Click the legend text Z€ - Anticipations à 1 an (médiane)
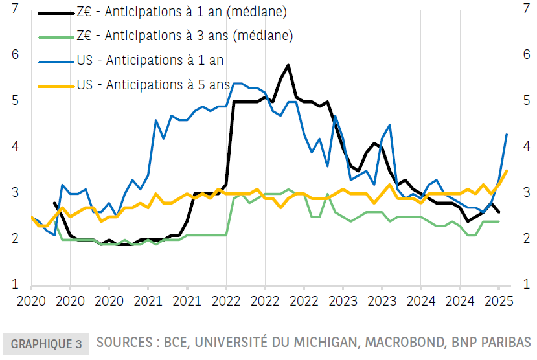pyautogui.click(x=181, y=12)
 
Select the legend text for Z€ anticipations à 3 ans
pyautogui.click(x=185, y=36)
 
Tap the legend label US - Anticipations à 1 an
pyautogui.click(x=150, y=60)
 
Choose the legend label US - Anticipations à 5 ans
pyautogui.click(x=153, y=84)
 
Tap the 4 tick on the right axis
pyautogui.click(x=525, y=147)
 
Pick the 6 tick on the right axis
pyautogui.click(x=525, y=55)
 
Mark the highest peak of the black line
pyautogui.click(x=288, y=65)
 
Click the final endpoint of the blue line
pyautogui.click(x=507, y=134)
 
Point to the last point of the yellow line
pyautogui.click(x=507, y=171)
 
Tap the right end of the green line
pyautogui.click(x=499, y=221)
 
